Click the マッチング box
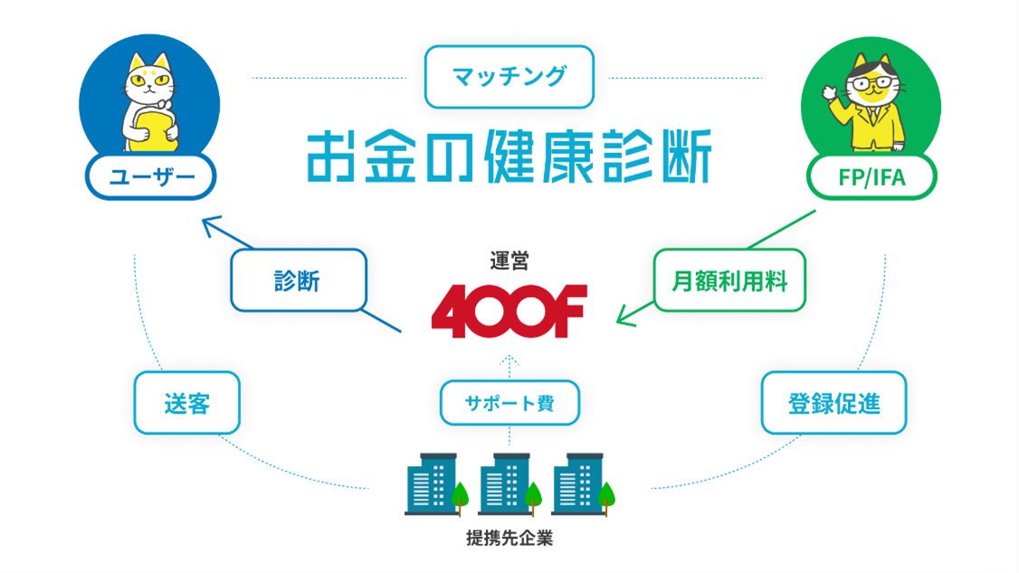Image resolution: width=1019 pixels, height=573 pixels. pyautogui.click(x=509, y=76)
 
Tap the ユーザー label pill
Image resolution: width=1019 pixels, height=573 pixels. pyautogui.click(x=150, y=177)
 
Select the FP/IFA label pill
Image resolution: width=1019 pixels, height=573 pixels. pyautogui.click(x=871, y=177)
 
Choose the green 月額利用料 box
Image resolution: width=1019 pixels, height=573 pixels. pyautogui.click(x=729, y=281)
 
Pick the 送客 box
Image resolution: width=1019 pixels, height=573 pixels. pyautogui.click(x=186, y=402)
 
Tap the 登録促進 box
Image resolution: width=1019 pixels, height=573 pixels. pyautogui.click(x=833, y=402)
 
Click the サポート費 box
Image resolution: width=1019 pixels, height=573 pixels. pyautogui.click(x=509, y=403)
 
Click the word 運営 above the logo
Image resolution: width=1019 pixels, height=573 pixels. pyautogui.click(x=509, y=262)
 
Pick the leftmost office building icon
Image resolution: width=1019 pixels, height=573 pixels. pyautogui.click(x=432, y=484)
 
